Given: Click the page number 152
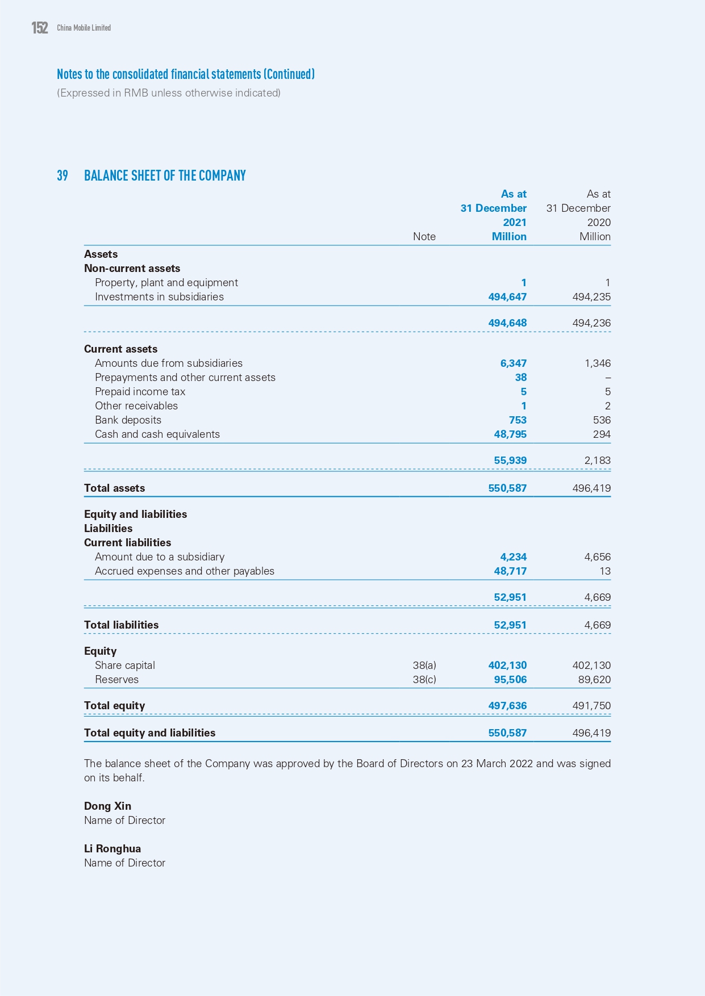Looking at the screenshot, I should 40,28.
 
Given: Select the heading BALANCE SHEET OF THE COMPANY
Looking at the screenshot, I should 165,175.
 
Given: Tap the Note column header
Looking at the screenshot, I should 424,237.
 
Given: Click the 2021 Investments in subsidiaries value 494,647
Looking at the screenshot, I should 507,297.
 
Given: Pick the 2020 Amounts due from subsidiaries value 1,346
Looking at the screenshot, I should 597,363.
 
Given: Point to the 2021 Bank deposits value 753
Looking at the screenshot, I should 518,420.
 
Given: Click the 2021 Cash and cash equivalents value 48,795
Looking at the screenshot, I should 510,434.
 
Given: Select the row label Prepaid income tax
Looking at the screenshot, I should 140,392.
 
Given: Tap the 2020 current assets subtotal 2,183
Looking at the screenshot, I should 597,461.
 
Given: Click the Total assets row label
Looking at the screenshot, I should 114,488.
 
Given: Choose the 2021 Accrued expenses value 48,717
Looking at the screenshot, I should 510,571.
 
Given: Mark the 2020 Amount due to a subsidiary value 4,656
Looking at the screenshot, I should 597,557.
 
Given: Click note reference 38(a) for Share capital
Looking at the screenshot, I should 424,666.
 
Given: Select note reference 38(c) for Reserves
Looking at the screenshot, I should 424,680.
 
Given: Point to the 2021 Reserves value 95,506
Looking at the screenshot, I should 510,680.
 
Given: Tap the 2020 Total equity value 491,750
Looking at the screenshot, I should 591,706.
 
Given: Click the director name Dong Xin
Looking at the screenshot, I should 107,806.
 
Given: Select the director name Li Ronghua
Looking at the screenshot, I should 112,849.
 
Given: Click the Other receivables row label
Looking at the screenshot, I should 136,406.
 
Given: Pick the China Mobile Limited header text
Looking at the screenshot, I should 84,28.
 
